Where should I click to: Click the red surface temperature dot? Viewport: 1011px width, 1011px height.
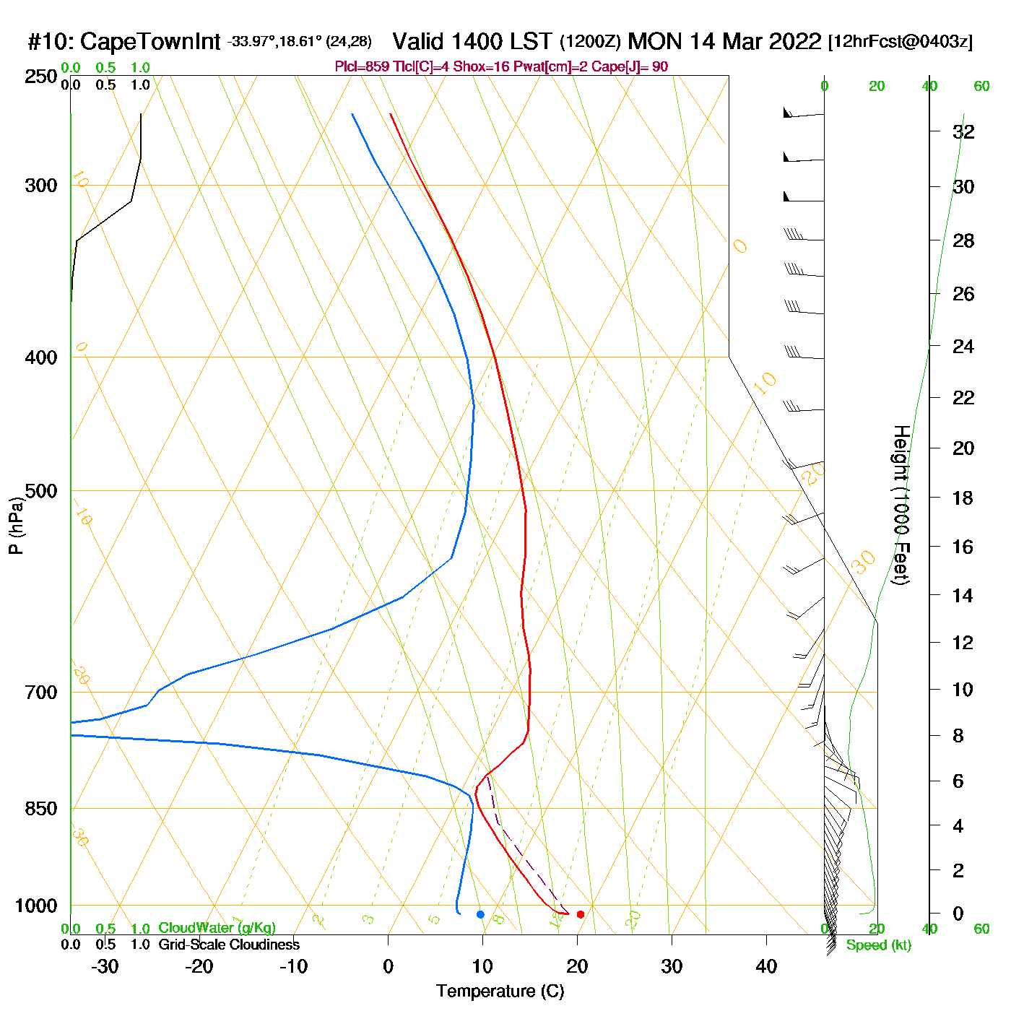click(580, 914)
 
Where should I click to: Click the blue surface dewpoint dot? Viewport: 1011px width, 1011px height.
click(480, 914)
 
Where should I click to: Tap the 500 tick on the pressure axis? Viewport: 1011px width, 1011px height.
click(41, 491)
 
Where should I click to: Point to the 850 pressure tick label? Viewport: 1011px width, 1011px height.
click(41, 809)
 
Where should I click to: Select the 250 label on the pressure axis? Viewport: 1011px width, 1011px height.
click(41, 77)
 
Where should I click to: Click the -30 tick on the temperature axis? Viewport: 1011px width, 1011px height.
click(105, 966)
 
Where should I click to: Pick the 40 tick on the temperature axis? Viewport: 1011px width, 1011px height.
click(766, 966)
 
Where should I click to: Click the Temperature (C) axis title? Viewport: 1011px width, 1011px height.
click(500, 991)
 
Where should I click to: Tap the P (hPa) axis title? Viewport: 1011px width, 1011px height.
click(16, 526)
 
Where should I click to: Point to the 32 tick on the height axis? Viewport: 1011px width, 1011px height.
click(963, 131)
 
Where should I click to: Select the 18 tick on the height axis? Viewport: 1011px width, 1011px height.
click(963, 498)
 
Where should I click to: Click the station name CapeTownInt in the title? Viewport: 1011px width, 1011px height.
click(150, 42)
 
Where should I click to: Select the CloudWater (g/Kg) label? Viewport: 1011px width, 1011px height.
click(217, 928)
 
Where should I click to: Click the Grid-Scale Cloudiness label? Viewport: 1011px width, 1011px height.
click(229, 945)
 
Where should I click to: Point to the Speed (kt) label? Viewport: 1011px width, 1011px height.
click(878, 945)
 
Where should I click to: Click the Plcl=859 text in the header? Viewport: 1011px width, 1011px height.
click(362, 67)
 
